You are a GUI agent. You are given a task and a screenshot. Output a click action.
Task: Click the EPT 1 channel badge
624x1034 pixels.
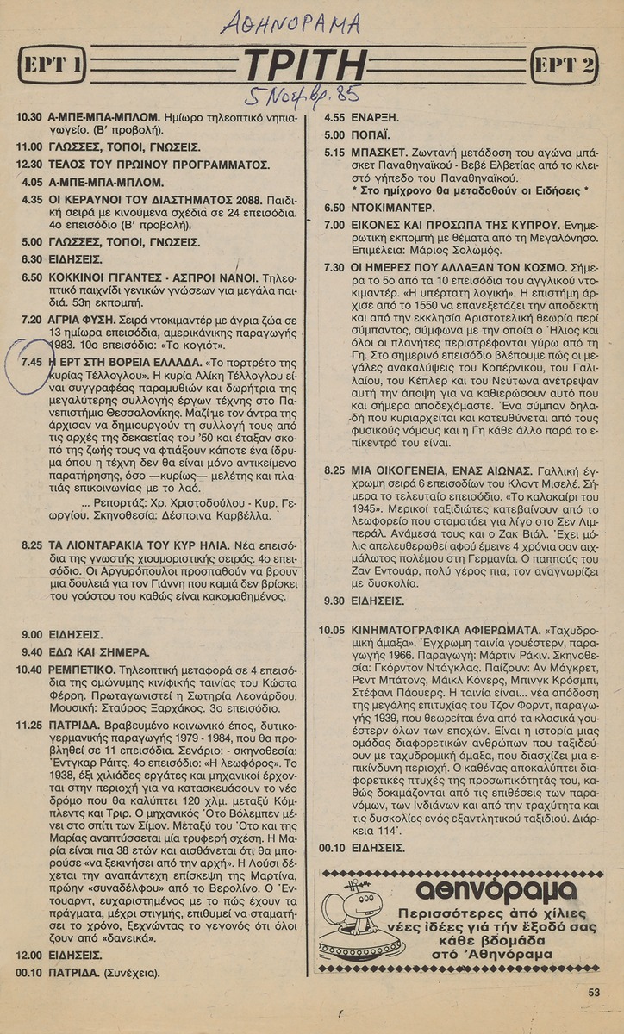(53, 65)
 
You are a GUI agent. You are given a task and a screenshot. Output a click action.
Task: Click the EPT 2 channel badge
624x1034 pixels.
(565, 65)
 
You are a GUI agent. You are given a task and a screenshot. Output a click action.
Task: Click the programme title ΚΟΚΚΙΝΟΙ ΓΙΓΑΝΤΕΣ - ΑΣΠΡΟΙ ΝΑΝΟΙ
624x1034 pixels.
(153, 277)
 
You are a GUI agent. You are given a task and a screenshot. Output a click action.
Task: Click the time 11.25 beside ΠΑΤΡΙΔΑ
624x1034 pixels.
(31, 726)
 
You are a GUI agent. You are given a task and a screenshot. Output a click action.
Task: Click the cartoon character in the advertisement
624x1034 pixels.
(349, 918)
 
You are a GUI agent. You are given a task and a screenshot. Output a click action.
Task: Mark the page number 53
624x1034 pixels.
(594, 992)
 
